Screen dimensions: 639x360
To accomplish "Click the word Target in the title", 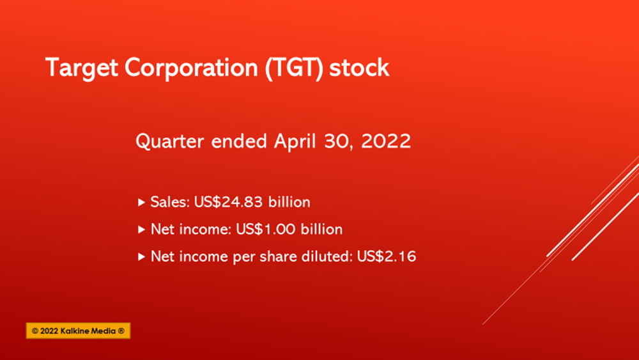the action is [82, 68].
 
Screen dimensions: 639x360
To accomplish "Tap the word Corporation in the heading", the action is [191, 68].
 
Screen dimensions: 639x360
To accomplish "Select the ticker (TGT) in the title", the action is [294, 68].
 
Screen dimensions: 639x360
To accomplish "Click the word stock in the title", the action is [359, 68].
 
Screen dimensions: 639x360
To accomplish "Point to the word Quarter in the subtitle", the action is [169, 141].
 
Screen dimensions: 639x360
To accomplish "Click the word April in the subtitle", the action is [295, 142].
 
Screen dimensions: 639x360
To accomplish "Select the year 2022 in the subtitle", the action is [386, 141].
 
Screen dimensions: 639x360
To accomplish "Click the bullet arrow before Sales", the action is [141, 202].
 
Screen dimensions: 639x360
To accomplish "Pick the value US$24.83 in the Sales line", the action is [228, 202].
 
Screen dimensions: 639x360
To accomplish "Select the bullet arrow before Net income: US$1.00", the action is [141, 230].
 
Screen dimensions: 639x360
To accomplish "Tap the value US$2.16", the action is [387, 256].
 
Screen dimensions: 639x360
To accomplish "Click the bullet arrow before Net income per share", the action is [141, 256].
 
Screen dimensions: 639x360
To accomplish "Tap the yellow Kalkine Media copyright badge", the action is [78, 331].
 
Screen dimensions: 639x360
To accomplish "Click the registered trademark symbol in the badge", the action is [121, 331].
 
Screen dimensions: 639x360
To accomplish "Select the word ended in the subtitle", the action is [239, 141].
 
